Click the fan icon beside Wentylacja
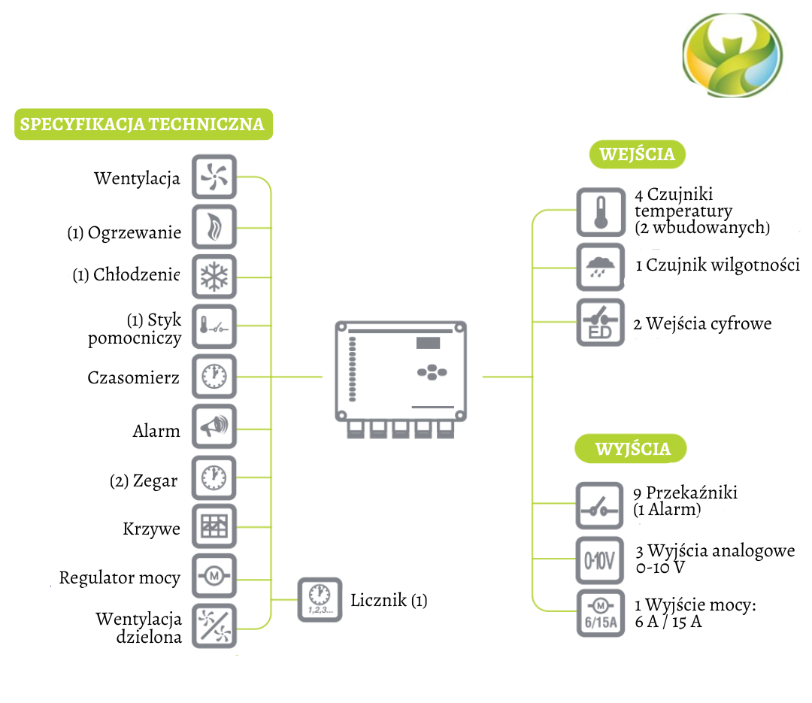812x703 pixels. click(x=214, y=177)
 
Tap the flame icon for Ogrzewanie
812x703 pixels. click(x=214, y=227)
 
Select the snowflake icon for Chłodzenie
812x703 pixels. click(x=214, y=277)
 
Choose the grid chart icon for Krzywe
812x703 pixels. click(x=214, y=527)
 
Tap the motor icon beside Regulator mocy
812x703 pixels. click(x=214, y=577)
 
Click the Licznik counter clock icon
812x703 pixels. click(x=320, y=599)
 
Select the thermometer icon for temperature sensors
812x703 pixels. click(x=599, y=211)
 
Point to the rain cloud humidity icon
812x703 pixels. click(x=599, y=267)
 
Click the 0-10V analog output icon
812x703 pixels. click(x=599, y=560)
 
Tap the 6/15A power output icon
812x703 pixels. click(x=599, y=614)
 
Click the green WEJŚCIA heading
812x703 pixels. click(x=637, y=155)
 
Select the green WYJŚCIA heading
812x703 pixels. click(x=632, y=449)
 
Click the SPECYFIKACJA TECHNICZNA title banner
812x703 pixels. click(x=143, y=124)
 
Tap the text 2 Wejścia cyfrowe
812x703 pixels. click(x=702, y=324)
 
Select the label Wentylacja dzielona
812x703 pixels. click(x=139, y=628)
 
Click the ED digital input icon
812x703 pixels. click(x=599, y=323)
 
